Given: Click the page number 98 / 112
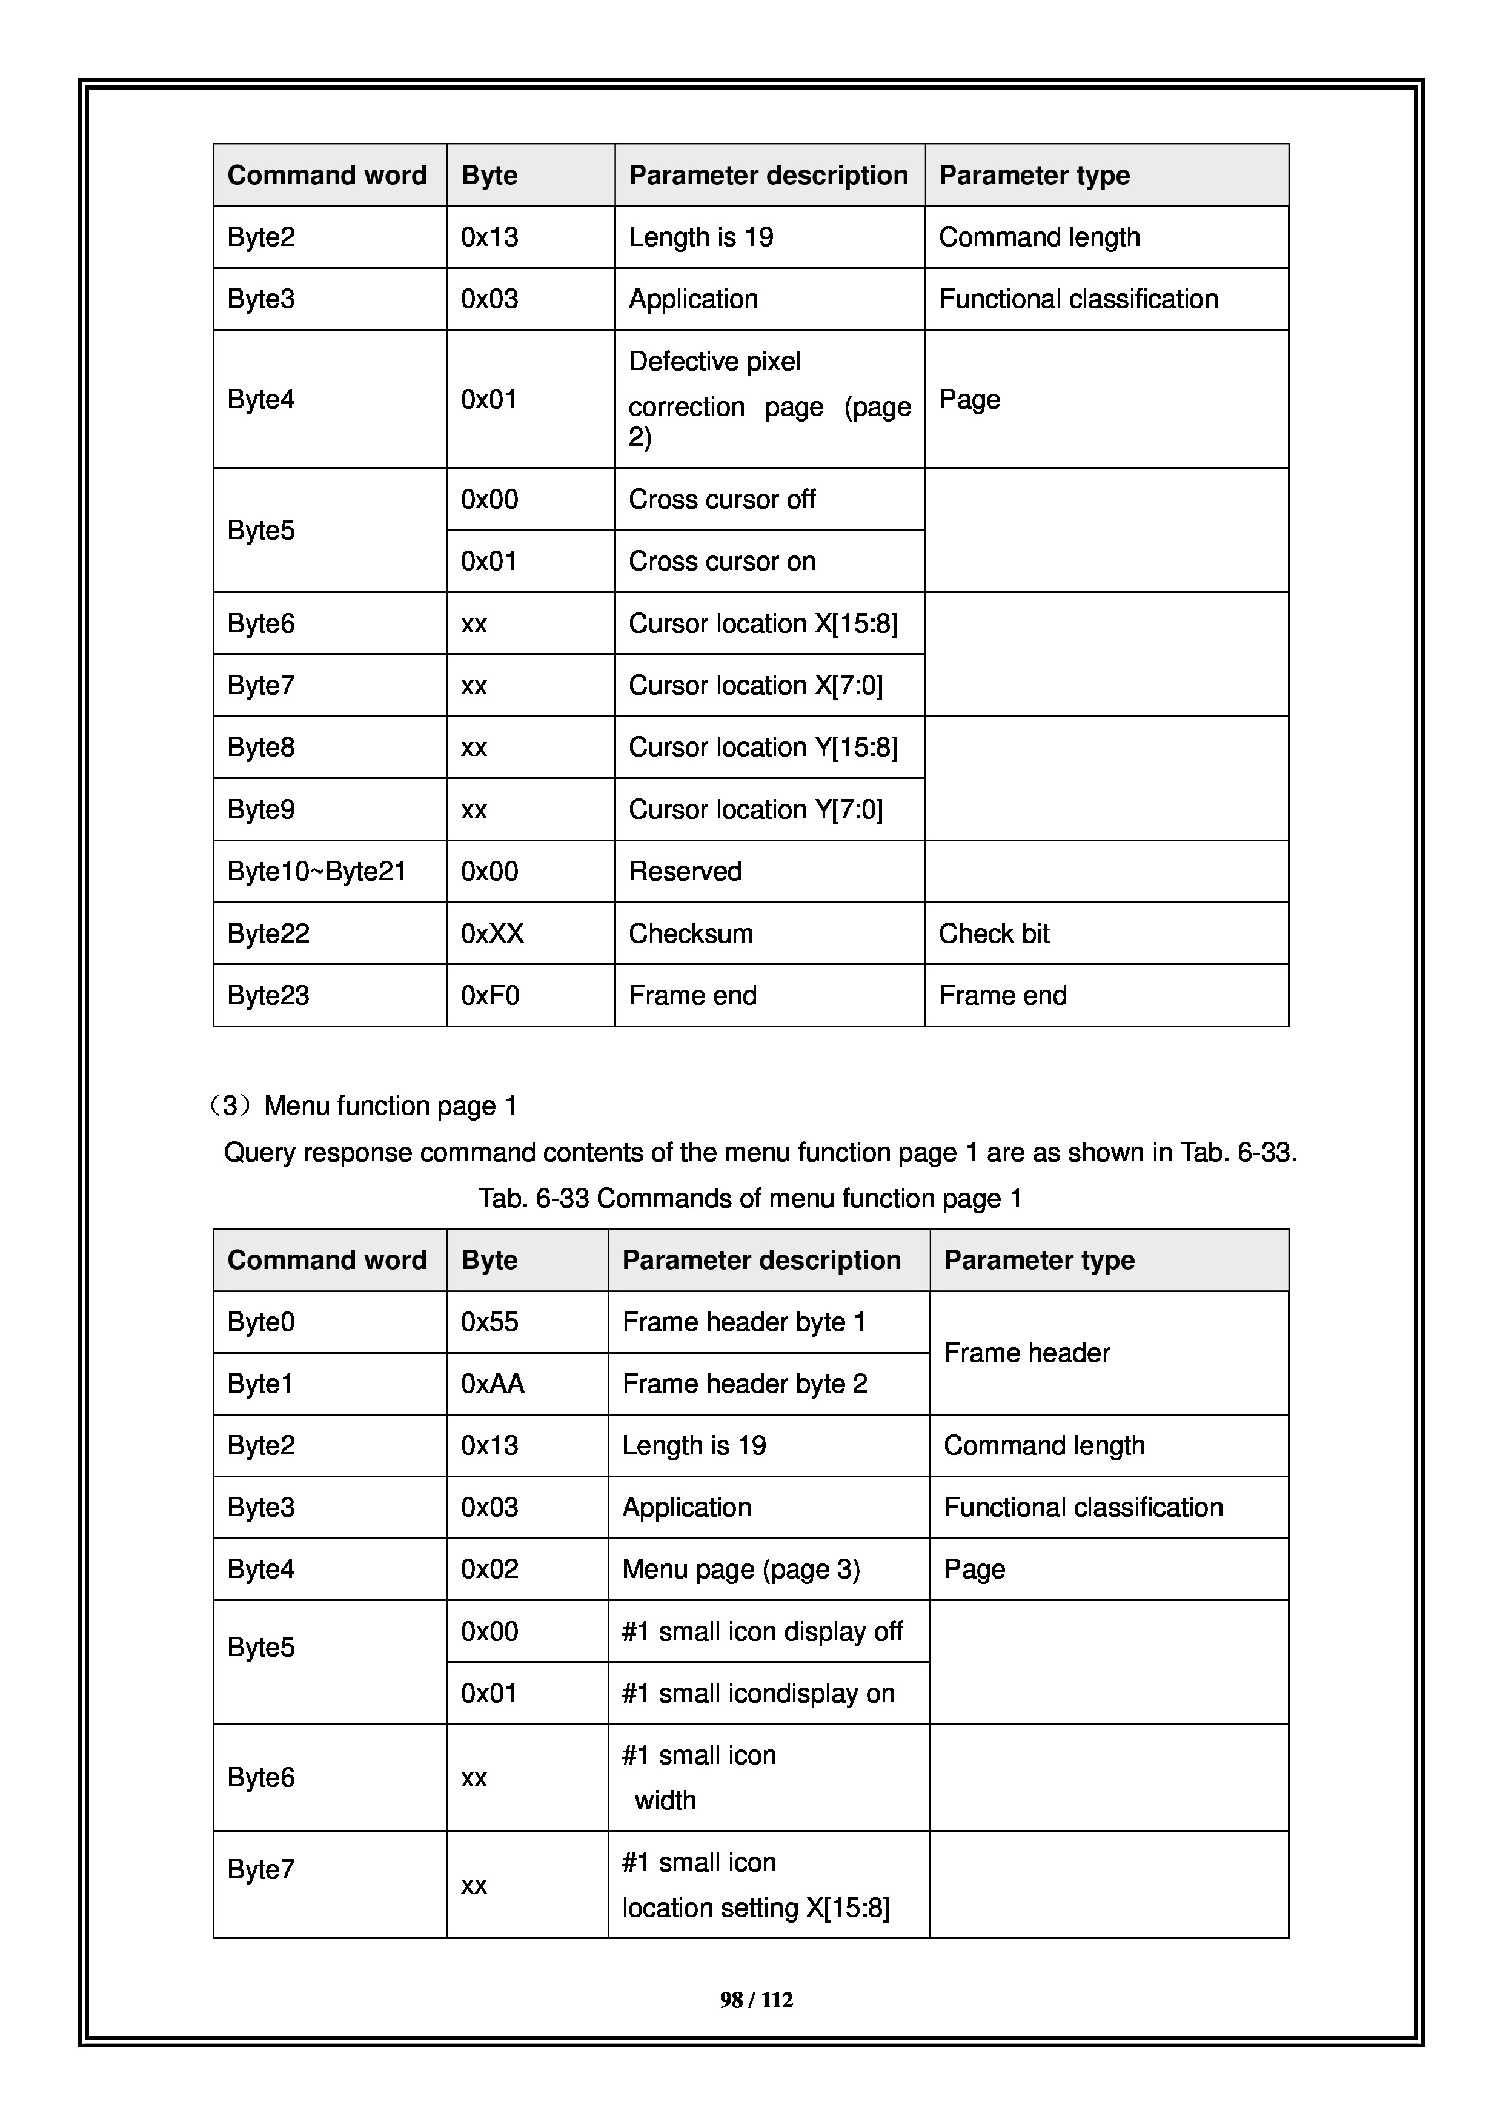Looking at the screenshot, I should (755, 2000).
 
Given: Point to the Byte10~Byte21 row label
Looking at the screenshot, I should (316, 871).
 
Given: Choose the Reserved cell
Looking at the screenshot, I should (685, 871).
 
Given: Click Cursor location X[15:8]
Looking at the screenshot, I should (763, 624).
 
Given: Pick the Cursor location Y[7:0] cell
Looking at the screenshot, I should (755, 810).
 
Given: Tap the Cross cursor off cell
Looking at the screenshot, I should (722, 500).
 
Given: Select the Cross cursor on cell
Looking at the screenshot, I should (722, 562).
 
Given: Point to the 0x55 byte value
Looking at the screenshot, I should (489, 1322).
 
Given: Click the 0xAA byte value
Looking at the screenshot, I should (493, 1384).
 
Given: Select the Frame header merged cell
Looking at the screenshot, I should (1026, 1353).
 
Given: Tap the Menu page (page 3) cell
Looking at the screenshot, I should (740, 1570).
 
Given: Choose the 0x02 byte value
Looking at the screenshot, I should (489, 1570).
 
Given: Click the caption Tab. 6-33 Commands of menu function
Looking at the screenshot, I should (749, 1199).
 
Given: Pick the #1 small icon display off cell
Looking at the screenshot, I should (761, 1632).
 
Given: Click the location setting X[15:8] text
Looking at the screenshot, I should (755, 1908).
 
